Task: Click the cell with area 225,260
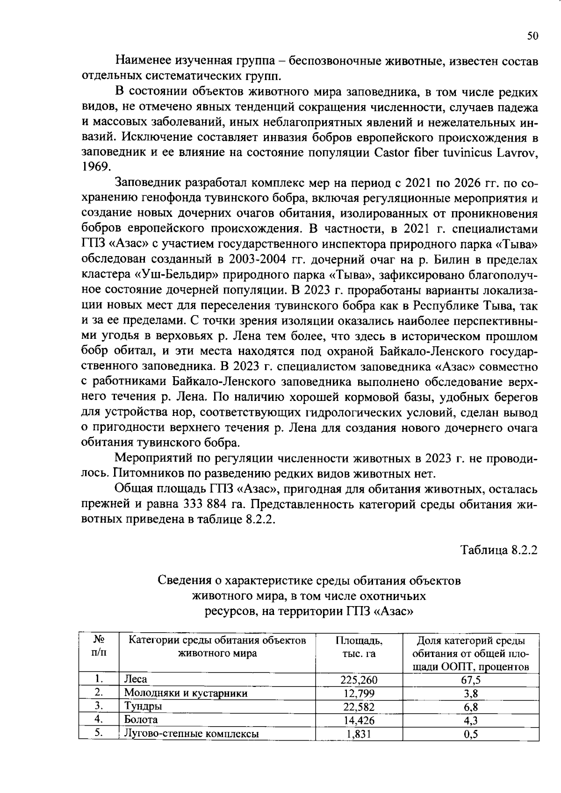click(x=359, y=680)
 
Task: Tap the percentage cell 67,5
click(x=471, y=680)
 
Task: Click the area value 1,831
click(x=359, y=734)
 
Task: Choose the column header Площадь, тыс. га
click(x=359, y=647)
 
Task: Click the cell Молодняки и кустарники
click(x=185, y=693)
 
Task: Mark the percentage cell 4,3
click(x=471, y=720)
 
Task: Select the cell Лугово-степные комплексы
click(x=191, y=734)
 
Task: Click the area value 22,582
click(x=359, y=707)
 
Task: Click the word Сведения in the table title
click(x=183, y=581)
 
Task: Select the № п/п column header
click(x=99, y=646)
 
